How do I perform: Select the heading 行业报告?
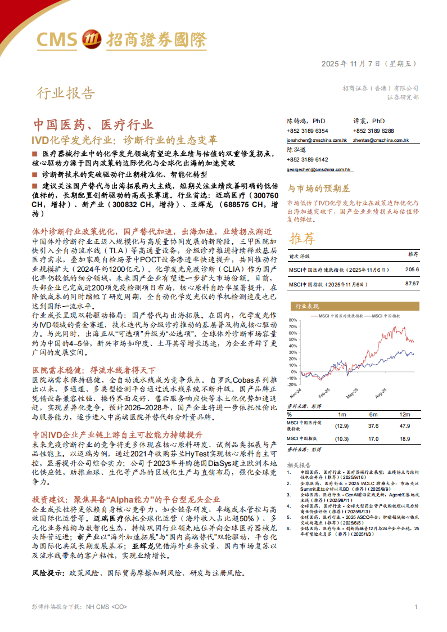[66, 93]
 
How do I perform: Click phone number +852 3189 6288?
[373, 131]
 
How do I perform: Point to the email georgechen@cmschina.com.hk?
[318, 169]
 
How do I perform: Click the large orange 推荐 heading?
[302, 239]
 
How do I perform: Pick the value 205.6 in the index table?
[412, 270]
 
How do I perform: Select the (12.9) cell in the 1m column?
[342, 425]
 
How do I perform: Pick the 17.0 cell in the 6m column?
[373, 438]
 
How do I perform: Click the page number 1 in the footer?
[416, 607]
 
